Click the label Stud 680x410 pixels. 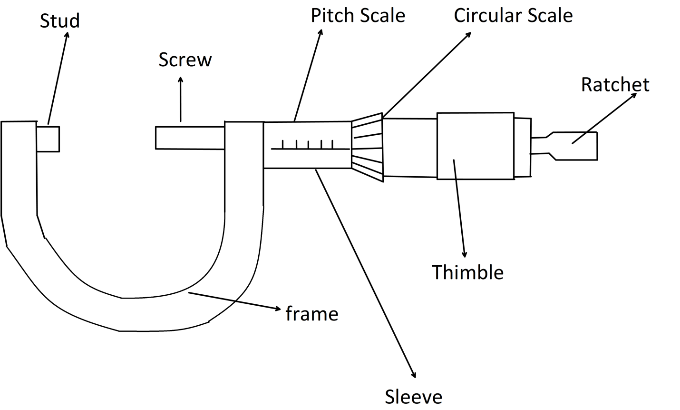tap(59, 21)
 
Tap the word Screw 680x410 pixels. tap(185, 60)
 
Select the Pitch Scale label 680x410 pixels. tap(358, 16)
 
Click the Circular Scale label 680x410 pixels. tap(513, 16)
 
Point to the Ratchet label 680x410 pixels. tap(615, 85)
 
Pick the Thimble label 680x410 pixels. tap(467, 272)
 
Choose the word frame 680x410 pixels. tap(312, 314)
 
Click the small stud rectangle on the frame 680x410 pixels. tap(48, 139)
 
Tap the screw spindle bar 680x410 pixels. tap(190, 138)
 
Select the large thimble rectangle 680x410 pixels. tap(475, 146)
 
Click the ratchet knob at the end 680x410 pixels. tap(573, 146)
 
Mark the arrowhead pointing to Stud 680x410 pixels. tap(66, 35)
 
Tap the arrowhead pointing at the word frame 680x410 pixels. tap(278, 309)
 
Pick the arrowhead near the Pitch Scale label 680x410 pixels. tap(321, 32)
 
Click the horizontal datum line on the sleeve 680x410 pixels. tap(309, 149)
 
